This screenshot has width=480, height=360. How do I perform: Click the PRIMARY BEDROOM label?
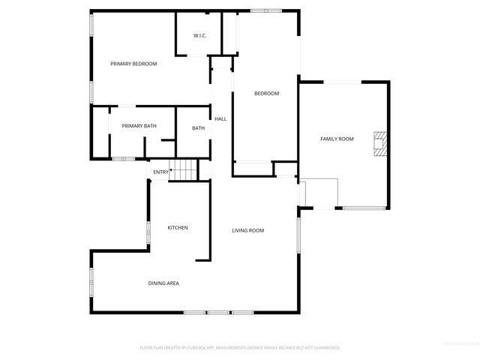tap(133, 64)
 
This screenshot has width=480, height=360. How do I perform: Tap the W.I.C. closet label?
tap(200, 35)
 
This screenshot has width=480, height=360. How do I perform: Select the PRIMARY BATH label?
tap(139, 126)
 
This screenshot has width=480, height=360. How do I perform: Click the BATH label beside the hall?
tap(198, 128)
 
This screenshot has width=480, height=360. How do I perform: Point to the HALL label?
tap(220, 119)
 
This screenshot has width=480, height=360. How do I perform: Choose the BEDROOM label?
tap(266, 94)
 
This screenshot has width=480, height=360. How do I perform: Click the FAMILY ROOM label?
tap(337, 139)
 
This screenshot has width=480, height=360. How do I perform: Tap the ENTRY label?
tap(160, 172)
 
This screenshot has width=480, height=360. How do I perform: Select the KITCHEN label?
tap(178, 227)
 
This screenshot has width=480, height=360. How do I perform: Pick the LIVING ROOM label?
tap(247, 230)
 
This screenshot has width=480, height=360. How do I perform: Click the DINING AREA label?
tap(163, 283)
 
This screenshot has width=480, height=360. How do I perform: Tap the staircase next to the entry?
tap(184, 170)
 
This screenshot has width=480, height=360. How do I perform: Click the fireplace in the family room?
tap(380, 143)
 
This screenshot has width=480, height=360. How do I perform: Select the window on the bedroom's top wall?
tap(265, 10)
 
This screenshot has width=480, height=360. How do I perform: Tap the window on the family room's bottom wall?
tap(363, 208)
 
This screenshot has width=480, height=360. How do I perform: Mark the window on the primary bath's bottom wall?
tap(123, 158)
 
